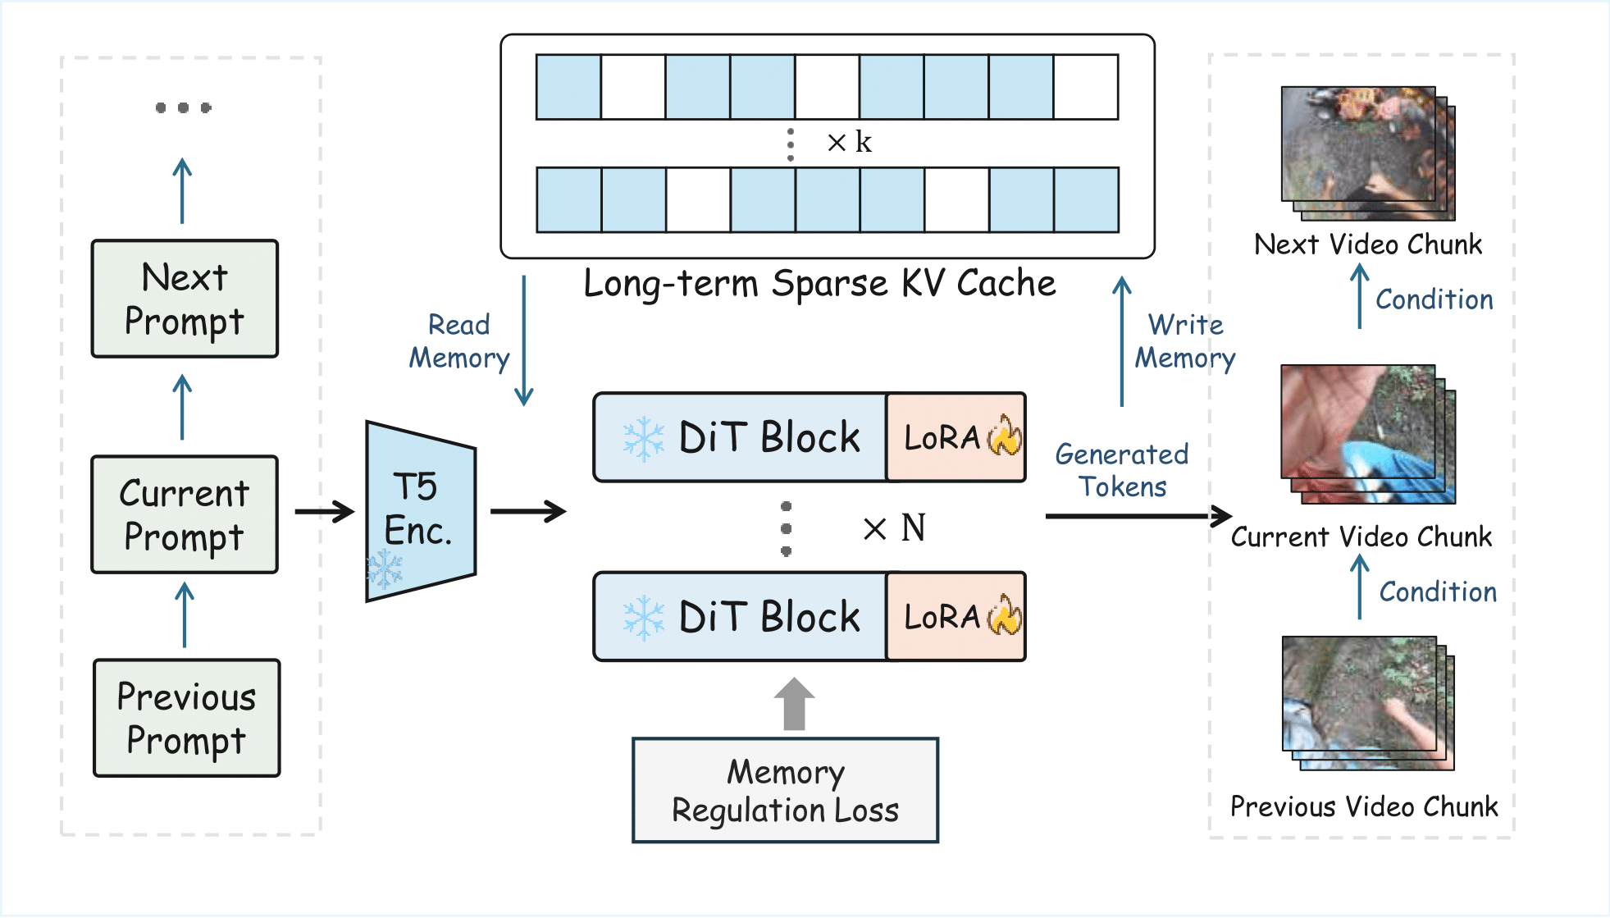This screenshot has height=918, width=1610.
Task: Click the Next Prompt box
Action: coord(185,299)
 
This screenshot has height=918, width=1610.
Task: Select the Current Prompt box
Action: coord(185,514)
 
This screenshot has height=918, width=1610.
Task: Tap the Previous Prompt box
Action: coord(186,718)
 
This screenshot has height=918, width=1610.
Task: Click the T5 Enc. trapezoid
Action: coord(420,510)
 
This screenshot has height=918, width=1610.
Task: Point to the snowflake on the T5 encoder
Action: coord(384,568)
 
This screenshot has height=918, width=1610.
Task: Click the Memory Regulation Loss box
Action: coord(785,790)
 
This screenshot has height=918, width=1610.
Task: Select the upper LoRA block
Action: coord(956,437)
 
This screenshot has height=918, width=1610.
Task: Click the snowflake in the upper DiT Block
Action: coord(643,438)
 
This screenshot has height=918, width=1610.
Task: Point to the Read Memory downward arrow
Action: coord(523,340)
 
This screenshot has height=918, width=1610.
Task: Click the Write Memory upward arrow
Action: coord(1121,340)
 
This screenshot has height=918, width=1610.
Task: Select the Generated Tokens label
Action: coord(1121,470)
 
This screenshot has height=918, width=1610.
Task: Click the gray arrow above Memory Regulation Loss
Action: coord(794,703)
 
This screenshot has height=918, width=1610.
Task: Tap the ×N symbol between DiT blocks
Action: coord(894,528)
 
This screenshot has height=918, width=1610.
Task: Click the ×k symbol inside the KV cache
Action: coord(849,143)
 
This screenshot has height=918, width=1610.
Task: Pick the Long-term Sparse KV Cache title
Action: coord(819,284)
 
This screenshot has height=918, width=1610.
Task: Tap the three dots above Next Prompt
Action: coord(183,107)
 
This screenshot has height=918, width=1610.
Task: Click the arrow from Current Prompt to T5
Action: coord(324,512)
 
